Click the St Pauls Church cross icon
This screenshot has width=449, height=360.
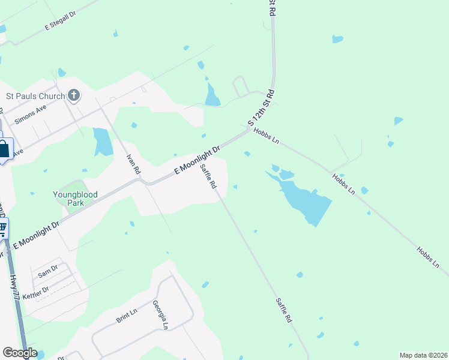(74, 95)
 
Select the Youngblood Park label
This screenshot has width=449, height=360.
(76, 198)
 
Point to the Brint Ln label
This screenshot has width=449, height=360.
(127, 316)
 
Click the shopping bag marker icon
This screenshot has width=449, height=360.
(4, 149)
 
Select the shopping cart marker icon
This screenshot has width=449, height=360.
(3, 227)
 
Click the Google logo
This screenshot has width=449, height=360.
(20, 353)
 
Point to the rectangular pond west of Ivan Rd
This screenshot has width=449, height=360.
(103, 142)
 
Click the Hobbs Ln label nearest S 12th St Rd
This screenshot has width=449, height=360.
(267, 136)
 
